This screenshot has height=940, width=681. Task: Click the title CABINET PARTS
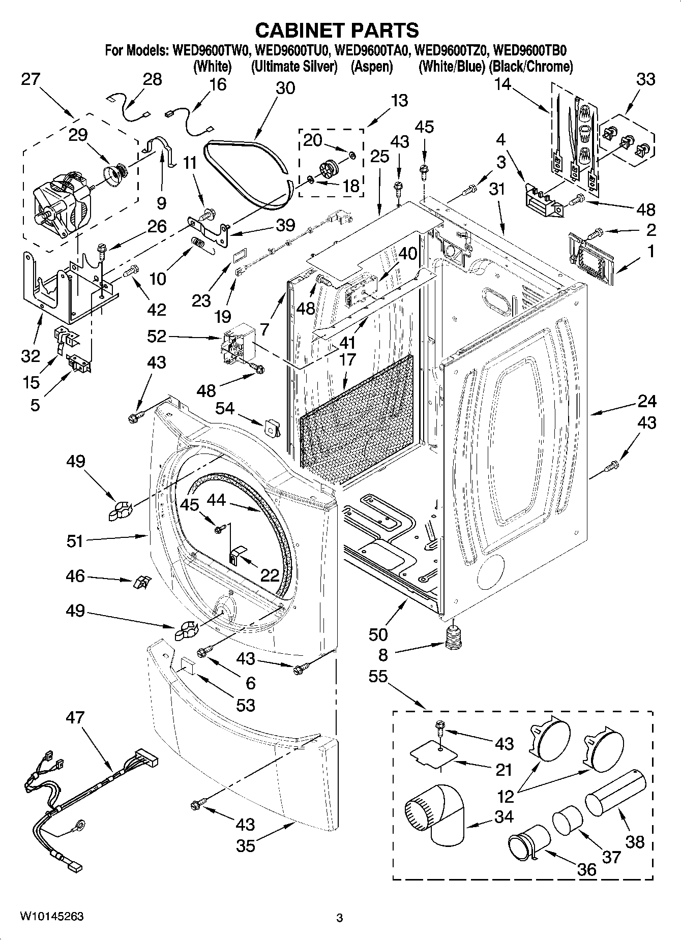[337, 30]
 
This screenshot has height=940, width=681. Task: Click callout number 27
[31, 79]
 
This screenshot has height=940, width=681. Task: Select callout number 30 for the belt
[285, 87]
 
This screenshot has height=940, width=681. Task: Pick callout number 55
[378, 677]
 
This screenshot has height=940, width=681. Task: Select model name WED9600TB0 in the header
[530, 51]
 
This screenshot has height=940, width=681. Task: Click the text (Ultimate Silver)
[294, 67]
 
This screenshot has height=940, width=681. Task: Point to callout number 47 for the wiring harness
[76, 717]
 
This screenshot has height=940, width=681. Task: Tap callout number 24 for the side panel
[646, 401]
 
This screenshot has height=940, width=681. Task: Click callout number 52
[157, 337]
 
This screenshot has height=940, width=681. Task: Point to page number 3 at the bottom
[340, 918]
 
